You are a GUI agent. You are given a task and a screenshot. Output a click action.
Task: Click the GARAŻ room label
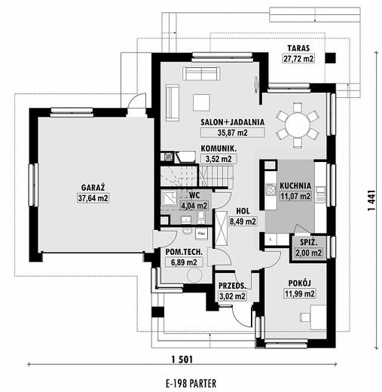93,188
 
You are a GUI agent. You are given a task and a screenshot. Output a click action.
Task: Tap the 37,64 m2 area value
93,198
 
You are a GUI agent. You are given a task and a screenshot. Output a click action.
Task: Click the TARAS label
298,48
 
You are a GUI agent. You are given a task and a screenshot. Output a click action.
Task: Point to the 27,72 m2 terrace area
298,59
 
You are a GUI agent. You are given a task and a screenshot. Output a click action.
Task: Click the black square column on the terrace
330,58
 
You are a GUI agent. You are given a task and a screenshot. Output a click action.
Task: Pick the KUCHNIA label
295,185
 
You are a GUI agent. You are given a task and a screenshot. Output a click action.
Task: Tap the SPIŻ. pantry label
309,243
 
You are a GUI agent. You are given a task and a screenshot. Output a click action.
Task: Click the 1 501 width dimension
182,360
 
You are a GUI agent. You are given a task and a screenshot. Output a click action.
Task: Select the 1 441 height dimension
371,201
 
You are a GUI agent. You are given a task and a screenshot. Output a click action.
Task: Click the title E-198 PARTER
191,384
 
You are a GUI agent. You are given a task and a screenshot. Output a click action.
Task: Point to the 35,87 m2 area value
232,133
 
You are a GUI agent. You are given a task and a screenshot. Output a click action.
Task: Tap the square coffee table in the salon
201,103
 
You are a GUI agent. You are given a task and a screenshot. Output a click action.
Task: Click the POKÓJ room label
299,283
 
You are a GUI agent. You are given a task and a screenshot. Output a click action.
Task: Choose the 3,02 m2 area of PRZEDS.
232,296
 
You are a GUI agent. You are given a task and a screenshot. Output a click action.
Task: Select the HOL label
243,211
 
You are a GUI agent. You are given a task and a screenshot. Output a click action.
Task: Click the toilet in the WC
201,217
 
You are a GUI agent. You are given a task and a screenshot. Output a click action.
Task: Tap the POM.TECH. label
184,252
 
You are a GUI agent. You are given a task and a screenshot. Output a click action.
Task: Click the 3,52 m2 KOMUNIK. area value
219,159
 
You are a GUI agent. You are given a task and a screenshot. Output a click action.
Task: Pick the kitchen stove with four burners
271,189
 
